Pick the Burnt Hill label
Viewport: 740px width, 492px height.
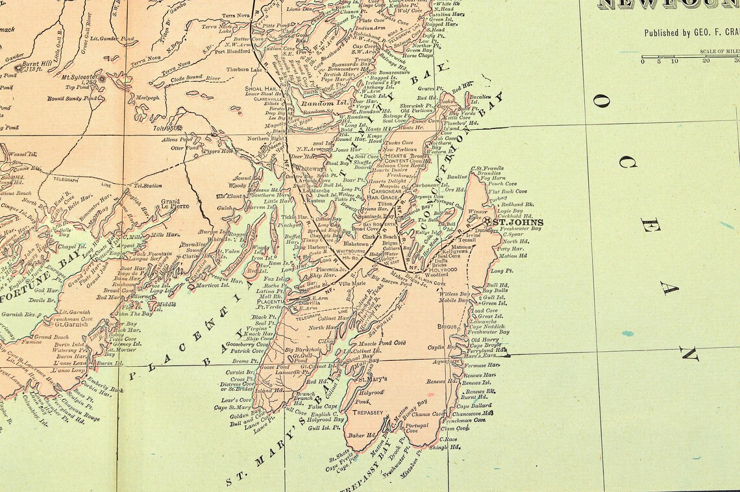pyautogui.click(x=37, y=64)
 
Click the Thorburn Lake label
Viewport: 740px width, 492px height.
pyautogui.click(x=245, y=69)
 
